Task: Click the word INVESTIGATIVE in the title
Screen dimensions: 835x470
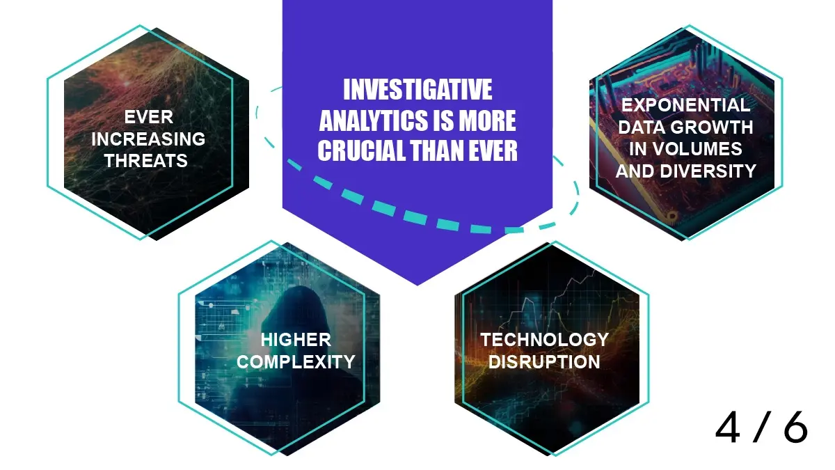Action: click(417, 90)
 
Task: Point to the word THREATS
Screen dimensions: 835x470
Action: click(145, 161)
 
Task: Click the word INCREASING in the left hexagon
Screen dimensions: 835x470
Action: click(148, 139)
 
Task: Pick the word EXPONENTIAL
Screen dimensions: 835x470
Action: click(685, 105)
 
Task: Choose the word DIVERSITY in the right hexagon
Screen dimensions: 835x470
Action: click(708, 171)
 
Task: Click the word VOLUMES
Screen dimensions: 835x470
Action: click(697, 149)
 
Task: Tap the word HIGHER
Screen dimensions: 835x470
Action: click(296, 340)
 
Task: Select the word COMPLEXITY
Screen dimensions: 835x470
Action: click(296, 362)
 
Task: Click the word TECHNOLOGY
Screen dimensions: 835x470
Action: click(545, 340)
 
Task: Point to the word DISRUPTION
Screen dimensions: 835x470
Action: click(544, 362)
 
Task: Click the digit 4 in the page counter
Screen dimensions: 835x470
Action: click(728, 428)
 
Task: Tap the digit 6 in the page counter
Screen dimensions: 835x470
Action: click(796, 428)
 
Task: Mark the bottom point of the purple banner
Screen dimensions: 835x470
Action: click(417, 285)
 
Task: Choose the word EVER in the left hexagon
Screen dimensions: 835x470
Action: click(149, 117)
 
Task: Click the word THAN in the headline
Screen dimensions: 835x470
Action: click(437, 150)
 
